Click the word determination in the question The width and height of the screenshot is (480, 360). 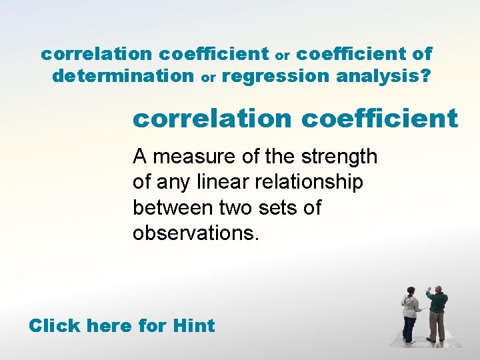coord(122,76)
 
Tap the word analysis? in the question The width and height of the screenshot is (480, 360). coord(383,76)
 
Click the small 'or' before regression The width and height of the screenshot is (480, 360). coord(209,78)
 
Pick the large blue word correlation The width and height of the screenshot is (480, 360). coord(212,119)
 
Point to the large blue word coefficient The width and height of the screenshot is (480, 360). coord(380,119)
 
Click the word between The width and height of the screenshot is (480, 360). coord(173,208)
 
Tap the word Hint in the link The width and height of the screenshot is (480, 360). coord(193,326)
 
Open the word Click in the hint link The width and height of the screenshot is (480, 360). coord(55,326)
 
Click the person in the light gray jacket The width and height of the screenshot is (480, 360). coord(410,313)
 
